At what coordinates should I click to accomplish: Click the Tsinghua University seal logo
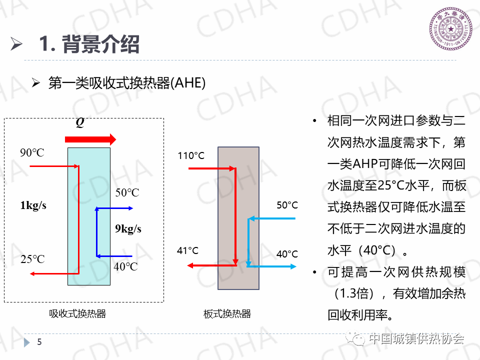pyautogui.click(x=451, y=31)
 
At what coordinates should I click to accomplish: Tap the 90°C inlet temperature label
pyautogui.click(x=32, y=152)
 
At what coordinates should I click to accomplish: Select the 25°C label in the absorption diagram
pyautogui.click(x=32, y=259)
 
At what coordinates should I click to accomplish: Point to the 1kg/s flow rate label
pyautogui.click(x=33, y=205)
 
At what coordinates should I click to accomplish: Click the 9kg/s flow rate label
pyautogui.click(x=128, y=229)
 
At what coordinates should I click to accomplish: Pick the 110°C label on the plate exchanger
pyautogui.click(x=191, y=156)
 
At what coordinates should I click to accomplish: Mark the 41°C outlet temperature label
pyautogui.click(x=188, y=250)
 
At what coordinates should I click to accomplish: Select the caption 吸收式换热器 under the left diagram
pyautogui.click(x=77, y=314)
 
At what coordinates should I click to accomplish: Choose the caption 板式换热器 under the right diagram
pyautogui.click(x=227, y=314)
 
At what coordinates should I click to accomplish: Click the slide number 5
pyautogui.click(x=40, y=342)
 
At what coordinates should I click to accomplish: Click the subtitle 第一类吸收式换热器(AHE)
pyautogui.click(x=127, y=83)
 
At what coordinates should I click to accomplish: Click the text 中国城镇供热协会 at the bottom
pyautogui.click(x=416, y=339)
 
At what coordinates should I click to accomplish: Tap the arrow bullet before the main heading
pyautogui.click(x=17, y=44)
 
